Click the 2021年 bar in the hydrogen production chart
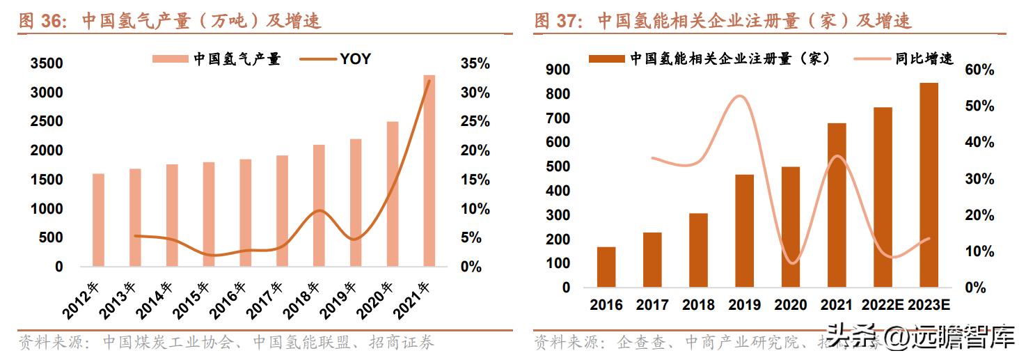click(429, 171)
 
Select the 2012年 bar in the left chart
click(98, 219)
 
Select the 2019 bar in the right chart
click(745, 230)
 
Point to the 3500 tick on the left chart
click(47, 64)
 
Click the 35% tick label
click(475, 64)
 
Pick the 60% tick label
click(979, 70)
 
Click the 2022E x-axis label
click(883, 305)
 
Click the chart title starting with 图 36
click(170, 21)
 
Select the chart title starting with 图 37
click(723, 21)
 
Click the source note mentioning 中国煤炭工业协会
click(226, 343)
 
